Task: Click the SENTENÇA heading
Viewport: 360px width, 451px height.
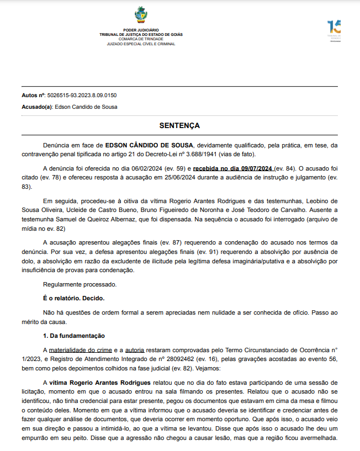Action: [179, 126]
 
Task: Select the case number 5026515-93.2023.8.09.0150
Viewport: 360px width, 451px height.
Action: [82, 95]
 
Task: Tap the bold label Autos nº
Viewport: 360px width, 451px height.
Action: [33, 95]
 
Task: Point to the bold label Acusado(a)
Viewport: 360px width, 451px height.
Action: [37, 107]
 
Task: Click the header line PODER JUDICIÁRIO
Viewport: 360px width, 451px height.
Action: [141, 30]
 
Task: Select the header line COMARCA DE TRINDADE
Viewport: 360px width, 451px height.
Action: [141, 39]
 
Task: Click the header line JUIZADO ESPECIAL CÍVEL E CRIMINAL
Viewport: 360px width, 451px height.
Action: [141, 43]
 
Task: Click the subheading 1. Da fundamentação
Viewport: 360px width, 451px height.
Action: [74, 336]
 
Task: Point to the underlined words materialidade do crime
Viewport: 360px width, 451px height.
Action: [80, 350]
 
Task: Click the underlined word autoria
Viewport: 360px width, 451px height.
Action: [135, 350]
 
